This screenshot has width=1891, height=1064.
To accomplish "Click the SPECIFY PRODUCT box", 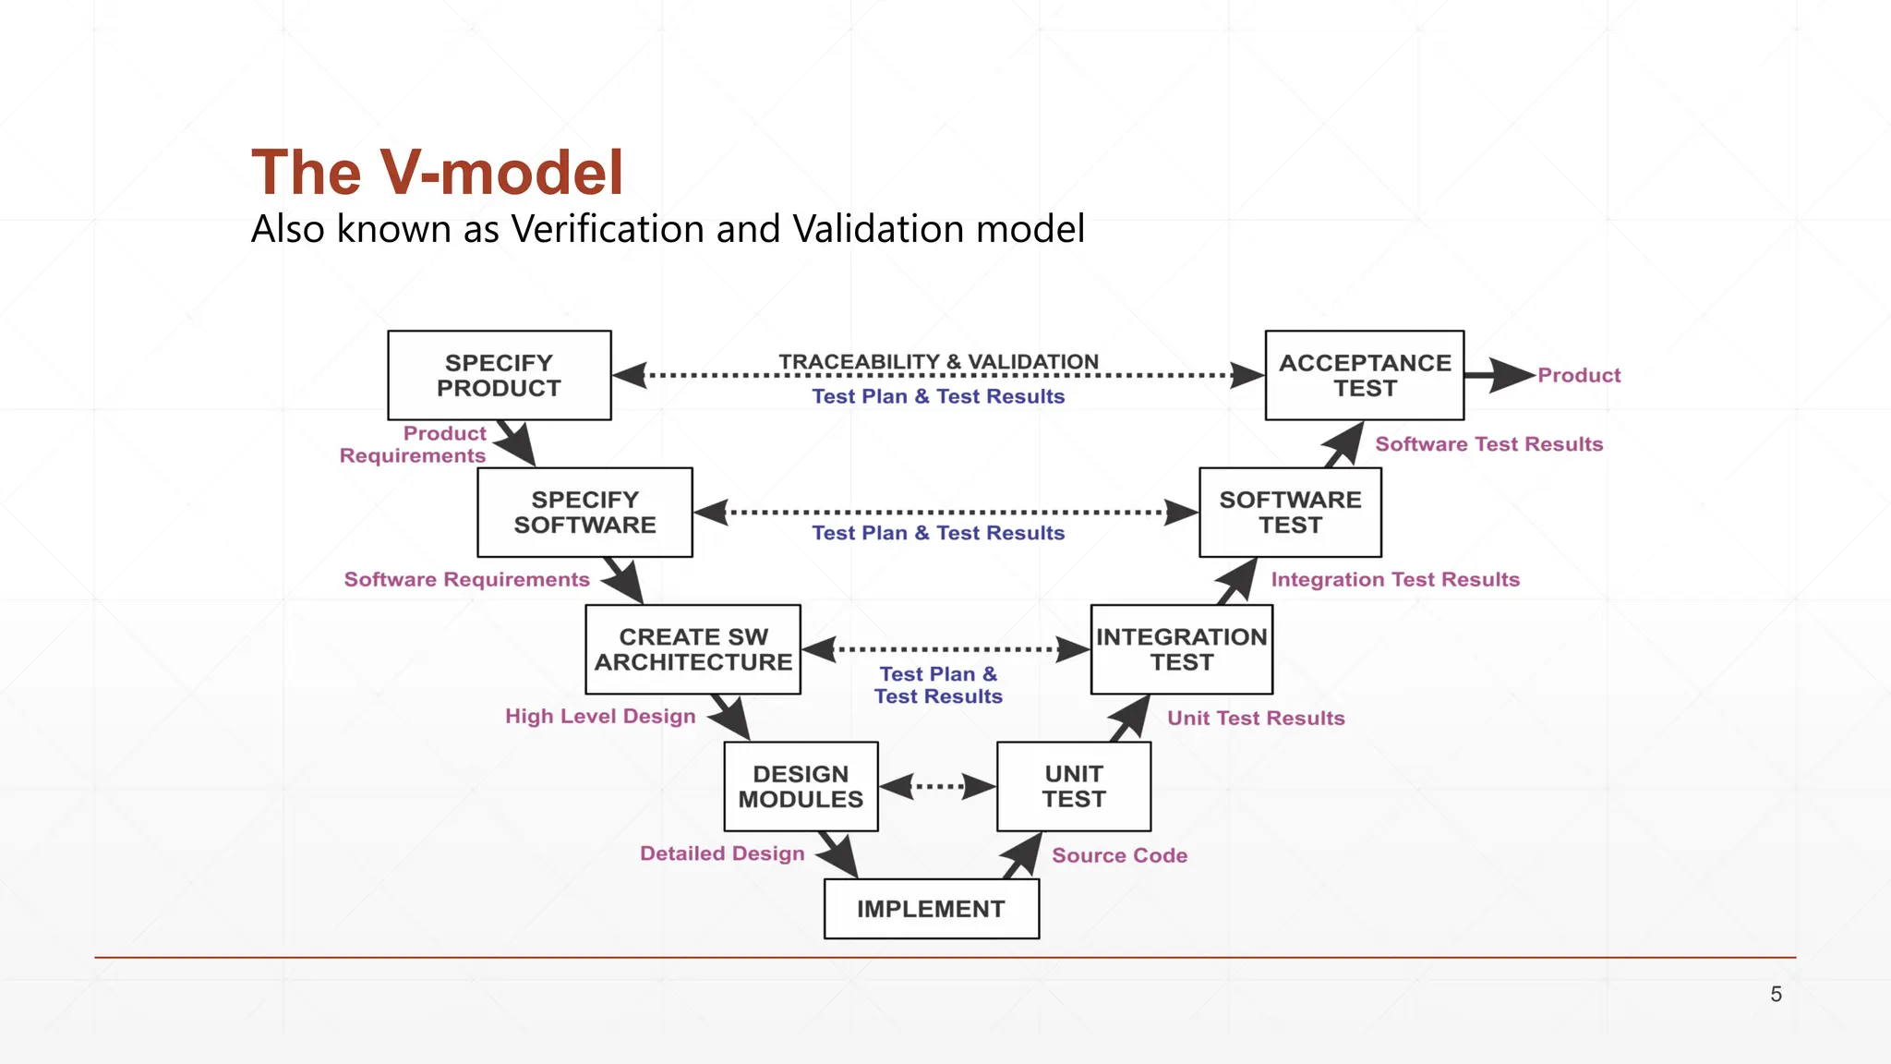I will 500,375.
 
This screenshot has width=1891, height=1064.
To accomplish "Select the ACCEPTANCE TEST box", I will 1364,375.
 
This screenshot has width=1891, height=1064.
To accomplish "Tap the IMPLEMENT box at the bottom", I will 931,909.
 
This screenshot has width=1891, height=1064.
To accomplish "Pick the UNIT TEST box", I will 1074,786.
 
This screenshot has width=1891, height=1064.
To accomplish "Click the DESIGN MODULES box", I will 801,786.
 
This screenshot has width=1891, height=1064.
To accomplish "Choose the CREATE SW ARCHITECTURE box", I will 693,649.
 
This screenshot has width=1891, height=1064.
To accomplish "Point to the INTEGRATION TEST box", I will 1181,649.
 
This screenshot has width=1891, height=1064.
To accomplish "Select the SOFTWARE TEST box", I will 1290,512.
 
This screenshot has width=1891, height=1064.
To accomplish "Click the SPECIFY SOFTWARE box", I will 584,512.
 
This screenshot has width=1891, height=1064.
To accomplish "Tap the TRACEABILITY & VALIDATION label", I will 938,361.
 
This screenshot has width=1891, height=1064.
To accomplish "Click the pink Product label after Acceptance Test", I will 1579,375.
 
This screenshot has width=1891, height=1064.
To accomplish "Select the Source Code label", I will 1119,855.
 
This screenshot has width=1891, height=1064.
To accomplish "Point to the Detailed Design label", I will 722,853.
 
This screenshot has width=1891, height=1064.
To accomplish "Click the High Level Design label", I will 600,716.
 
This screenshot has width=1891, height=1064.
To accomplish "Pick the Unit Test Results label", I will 1256,718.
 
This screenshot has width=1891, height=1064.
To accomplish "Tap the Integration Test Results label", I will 1394,579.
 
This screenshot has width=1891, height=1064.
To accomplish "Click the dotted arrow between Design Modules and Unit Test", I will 937,787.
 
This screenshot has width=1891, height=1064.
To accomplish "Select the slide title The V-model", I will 438,173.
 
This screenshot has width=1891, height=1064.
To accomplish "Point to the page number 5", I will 1776,994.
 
